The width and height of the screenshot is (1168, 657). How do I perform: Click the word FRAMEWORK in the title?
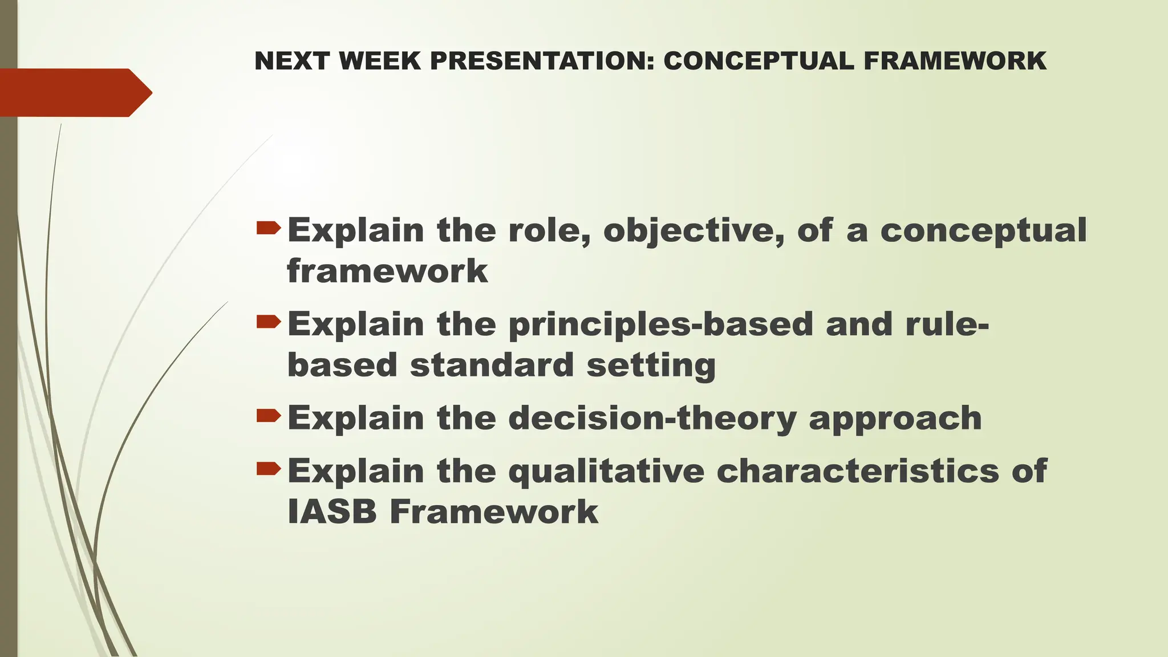pyautogui.click(x=955, y=61)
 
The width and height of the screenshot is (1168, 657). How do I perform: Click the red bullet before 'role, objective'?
pyautogui.click(x=269, y=229)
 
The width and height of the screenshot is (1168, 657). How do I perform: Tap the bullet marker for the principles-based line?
pyautogui.click(x=269, y=323)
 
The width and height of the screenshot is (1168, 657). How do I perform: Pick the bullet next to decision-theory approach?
pyautogui.click(x=269, y=417)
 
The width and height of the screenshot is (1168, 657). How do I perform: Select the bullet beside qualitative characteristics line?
pyautogui.click(x=269, y=470)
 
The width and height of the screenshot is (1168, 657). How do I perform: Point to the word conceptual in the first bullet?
pyautogui.click(x=983, y=230)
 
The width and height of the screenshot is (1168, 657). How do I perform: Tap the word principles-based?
pyautogui.click(x=660, y=325)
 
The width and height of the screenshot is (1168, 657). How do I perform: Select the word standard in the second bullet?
pyautogui.click(x=492, y=364)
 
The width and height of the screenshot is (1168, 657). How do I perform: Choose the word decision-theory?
pyautogui.click(x=651, y=418)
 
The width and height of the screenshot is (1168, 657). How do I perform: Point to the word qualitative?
pyautogui.click(x=606, y=472)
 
